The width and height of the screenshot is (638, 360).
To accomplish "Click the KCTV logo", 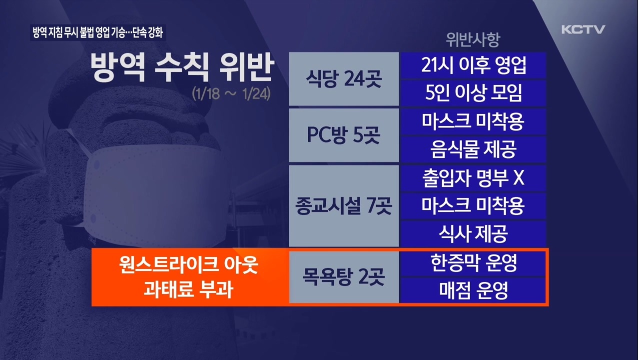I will pos(583,29).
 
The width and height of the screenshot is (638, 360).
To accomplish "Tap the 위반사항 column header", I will pos(472,40).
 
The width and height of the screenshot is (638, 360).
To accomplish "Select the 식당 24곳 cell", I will pos(344,79).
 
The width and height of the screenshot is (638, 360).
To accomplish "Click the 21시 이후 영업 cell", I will pos(472,65).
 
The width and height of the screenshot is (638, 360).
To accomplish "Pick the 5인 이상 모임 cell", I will pos(472,93).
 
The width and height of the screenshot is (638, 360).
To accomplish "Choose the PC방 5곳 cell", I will pos(344,135).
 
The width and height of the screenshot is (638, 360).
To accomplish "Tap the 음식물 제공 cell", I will pos(472,149).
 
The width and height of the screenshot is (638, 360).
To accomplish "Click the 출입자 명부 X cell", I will pos(472,178).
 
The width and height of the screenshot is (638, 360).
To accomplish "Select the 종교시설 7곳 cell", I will pos(344,205).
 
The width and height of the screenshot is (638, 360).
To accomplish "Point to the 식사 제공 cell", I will pos(472,233).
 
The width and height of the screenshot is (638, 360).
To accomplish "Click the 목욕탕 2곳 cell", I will pos(344,277).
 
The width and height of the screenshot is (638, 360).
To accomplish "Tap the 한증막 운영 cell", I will pos(472,263).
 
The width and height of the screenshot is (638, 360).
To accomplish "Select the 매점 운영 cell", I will pos(472,290).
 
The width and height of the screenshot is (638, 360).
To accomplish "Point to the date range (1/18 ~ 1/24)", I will pos(231,94).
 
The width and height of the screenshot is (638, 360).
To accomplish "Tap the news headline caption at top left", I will pos(97,33).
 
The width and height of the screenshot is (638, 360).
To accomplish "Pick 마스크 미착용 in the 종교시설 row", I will pos(472,205).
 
